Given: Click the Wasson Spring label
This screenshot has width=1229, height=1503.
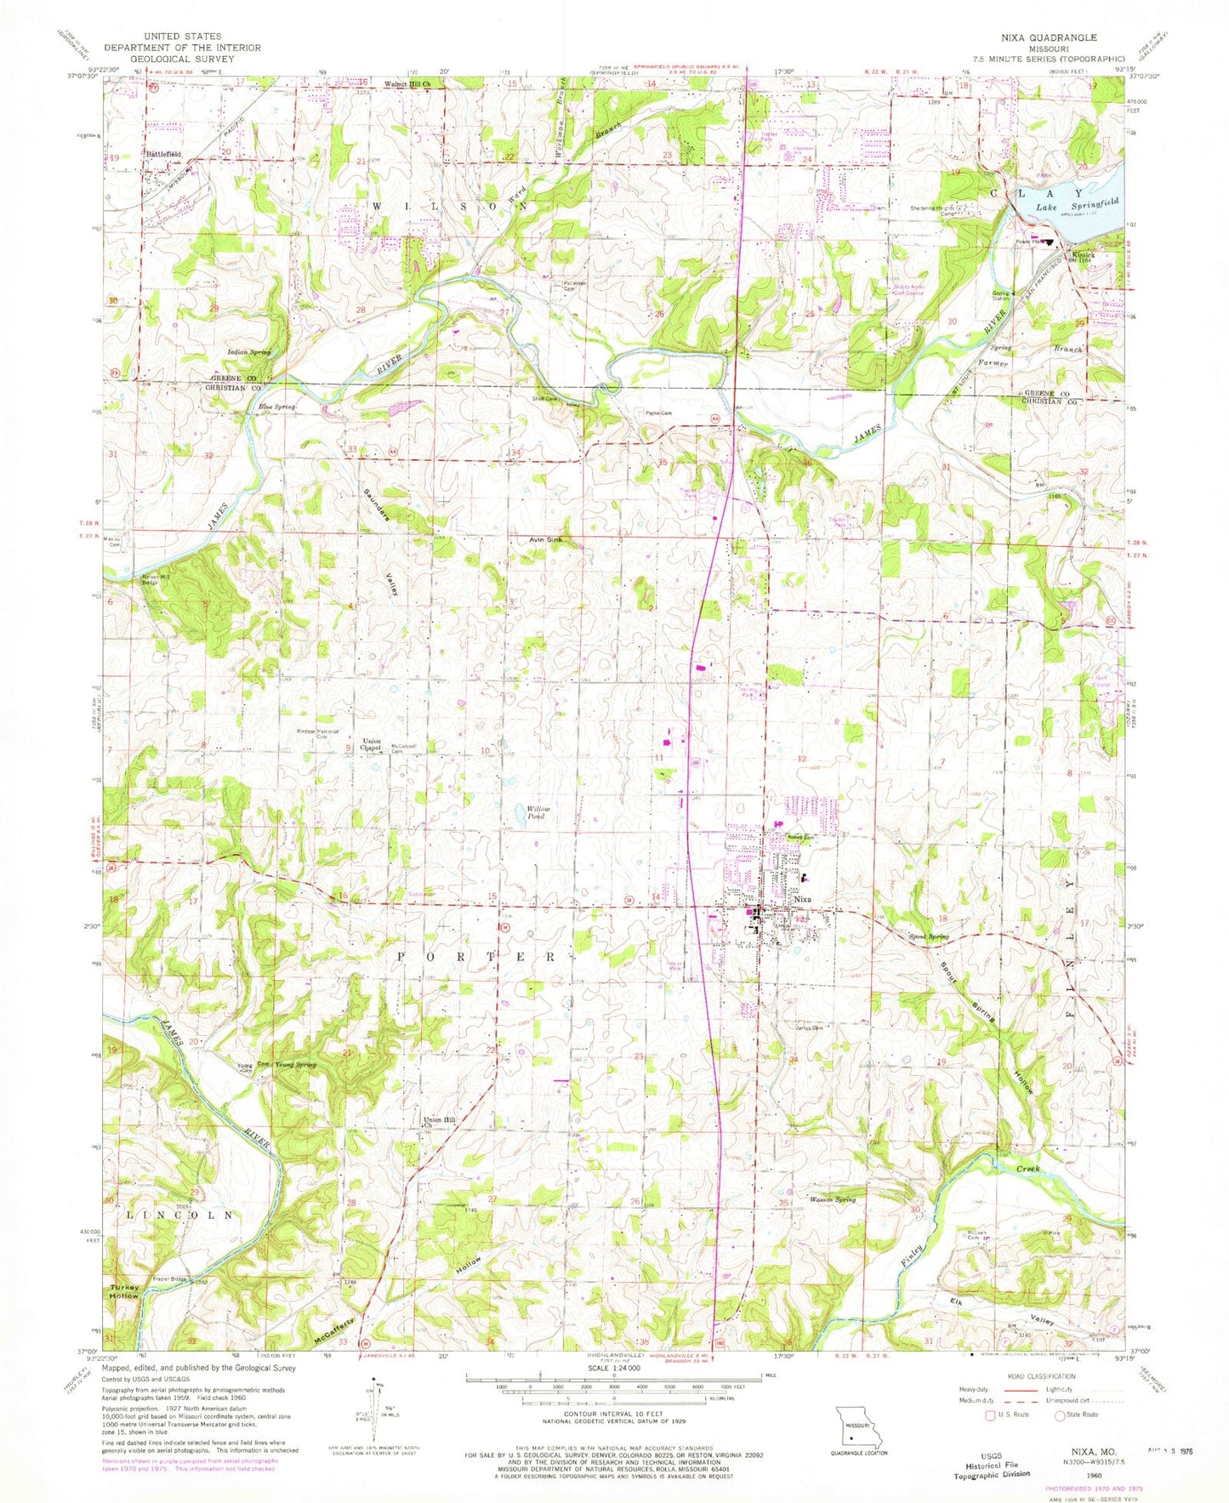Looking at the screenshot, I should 832,1199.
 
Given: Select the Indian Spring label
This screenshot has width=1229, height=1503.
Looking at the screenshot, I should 248,351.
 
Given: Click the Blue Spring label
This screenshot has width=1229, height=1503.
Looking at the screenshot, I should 276,407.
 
